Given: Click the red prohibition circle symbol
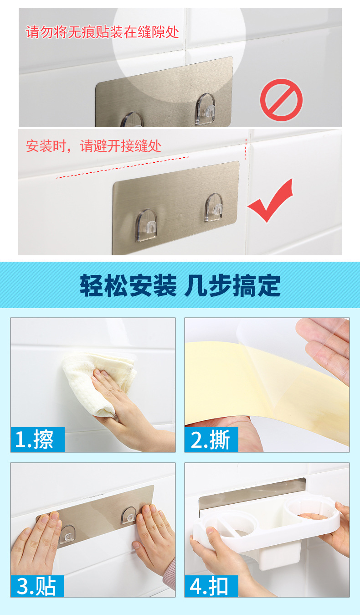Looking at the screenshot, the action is click(x=281, y=100).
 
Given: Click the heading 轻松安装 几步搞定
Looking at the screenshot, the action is click(x=180, y=285).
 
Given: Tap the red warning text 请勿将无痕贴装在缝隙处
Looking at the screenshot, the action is click(x=103, y=32).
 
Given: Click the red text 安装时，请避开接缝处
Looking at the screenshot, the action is click(x=93, y=146).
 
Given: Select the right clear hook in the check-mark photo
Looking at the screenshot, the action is click(x=213, y=207).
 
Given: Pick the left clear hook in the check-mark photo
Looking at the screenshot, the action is click(x=147, y=225).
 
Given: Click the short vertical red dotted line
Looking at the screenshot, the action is click(x=246, y=149).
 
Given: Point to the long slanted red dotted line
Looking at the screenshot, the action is click(x=123, y=167).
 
